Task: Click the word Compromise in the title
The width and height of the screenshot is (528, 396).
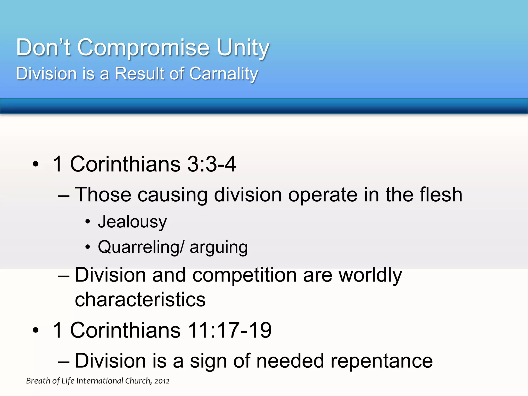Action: click(143, 47)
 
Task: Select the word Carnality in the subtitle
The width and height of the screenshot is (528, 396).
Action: click(224, 74)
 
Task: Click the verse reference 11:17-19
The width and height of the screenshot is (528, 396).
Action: click(229, 330)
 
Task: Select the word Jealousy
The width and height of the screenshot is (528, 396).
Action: click(132, 222)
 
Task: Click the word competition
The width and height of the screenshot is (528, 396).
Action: click(244, 275)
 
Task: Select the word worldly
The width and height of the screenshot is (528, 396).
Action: click(370, 275)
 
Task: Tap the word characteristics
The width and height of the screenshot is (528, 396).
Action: click(140, 300)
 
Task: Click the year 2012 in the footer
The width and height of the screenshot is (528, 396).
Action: click(162, 381)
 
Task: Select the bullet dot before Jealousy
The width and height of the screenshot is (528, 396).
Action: click(88, 222)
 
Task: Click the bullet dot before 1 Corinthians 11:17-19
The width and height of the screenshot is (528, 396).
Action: click(36, 330)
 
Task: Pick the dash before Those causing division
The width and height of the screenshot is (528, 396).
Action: click(64, 195)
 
